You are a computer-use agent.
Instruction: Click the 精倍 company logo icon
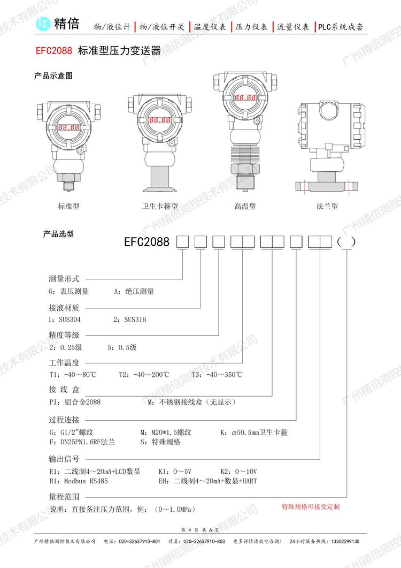click(x=44, y=24)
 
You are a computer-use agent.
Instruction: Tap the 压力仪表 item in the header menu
click(x=251, y=26)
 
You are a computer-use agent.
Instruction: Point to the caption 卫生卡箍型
click(x=160, y=206)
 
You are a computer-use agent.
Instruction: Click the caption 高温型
click(x=245, y=206)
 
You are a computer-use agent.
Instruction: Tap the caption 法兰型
click(x=327, y=206)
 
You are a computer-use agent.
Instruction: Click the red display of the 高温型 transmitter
click(x=244, y=99)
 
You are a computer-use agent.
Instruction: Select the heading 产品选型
click(x=58, y=234)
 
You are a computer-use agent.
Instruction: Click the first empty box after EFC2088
click(x=183, y=242)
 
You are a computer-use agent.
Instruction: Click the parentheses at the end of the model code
click(x=346, y=242)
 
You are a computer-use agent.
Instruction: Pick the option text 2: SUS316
click(x=130, y=320)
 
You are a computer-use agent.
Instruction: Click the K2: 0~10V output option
click(x=239, y=471)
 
